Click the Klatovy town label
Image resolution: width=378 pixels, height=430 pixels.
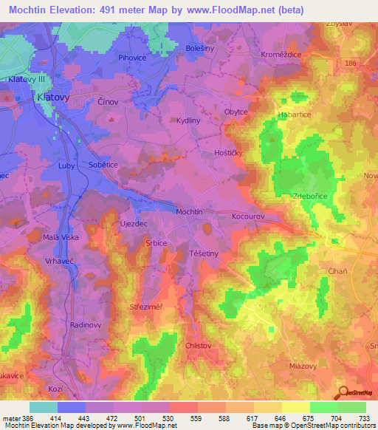(x=27, y=97)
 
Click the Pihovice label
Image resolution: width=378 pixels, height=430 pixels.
(x=134, y=56)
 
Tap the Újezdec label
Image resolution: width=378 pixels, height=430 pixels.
(x=134, y=222)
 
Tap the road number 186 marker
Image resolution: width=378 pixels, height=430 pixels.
(x=350, y=65)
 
